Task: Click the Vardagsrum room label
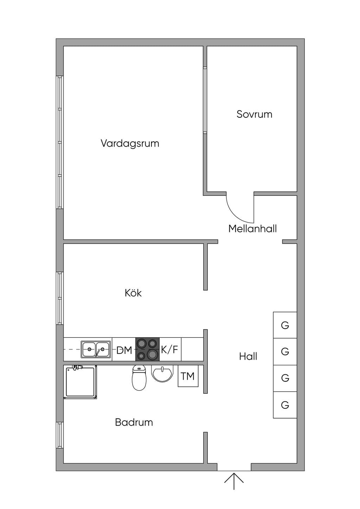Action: [130, 144]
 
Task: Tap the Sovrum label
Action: [254, 114]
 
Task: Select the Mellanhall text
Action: [252, 228]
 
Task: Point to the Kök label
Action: [133, 293]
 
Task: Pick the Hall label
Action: [248, 356]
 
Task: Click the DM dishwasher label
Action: [124, 350]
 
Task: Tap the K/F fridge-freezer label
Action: [169, 349]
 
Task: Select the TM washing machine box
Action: [188, 376]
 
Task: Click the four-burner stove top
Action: [148, 349]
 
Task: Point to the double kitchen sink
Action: [96, 349]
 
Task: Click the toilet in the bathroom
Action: [139, 378]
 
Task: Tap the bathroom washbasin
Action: [162, 373]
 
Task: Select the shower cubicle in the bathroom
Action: [80, 382]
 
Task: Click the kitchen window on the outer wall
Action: [59, 298]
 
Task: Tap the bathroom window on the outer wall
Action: [59, 435]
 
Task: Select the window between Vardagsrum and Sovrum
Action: [205, 100]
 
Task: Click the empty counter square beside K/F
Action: [192, 349]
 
